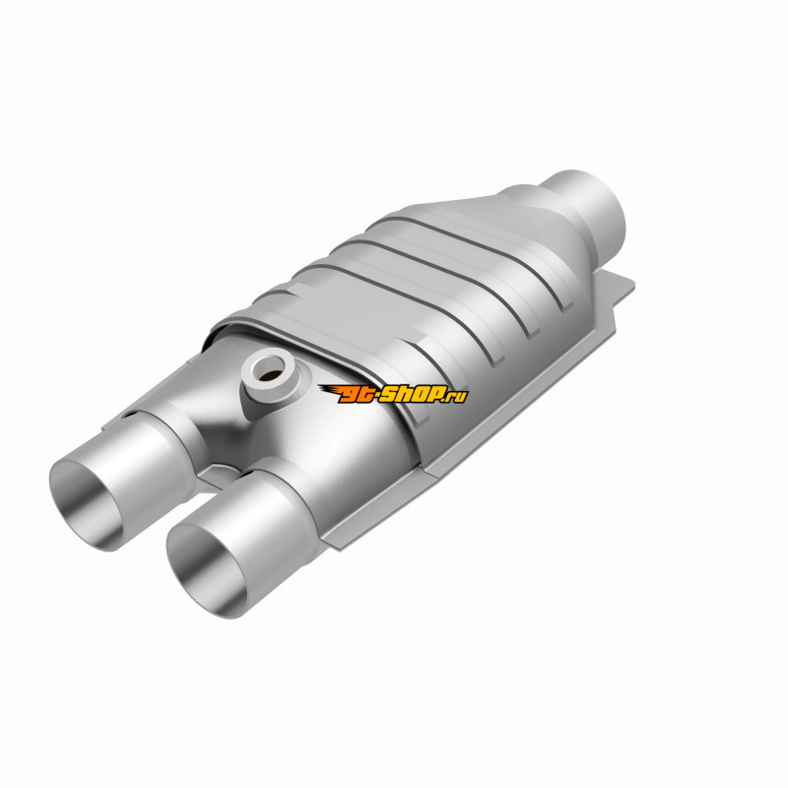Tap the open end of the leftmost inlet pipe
[x=86, y=505]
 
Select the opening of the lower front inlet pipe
[x=207, y=571]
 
